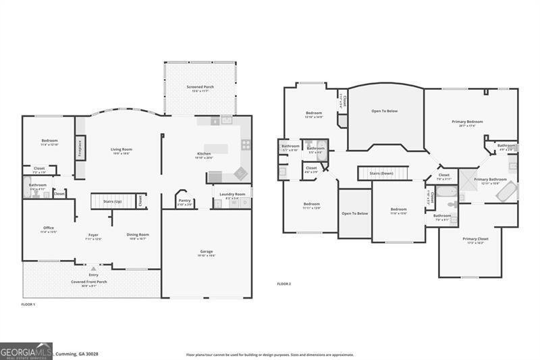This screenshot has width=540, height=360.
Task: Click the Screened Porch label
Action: point(200,87)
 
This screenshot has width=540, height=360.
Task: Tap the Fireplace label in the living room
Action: point(80,148)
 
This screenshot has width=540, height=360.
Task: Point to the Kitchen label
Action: point(204,154)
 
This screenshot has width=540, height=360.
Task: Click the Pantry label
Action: point(184,201)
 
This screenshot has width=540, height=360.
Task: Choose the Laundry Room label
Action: point(231,194)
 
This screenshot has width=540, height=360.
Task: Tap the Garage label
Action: point(206,252)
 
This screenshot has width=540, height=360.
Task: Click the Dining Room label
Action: point(138,234)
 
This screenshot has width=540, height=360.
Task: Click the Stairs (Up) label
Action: point(112,201)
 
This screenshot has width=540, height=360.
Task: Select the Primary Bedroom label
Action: point(467,122)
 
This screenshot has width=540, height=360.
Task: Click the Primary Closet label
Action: point(475,238)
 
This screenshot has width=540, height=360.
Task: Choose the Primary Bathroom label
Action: point(489,179)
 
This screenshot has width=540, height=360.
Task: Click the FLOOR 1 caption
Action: point(28,305)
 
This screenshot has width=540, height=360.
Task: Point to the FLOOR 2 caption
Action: point(283,284)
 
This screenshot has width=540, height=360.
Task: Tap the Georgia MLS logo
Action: point(26,351)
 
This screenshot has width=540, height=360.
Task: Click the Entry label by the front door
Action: point(93,275)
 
